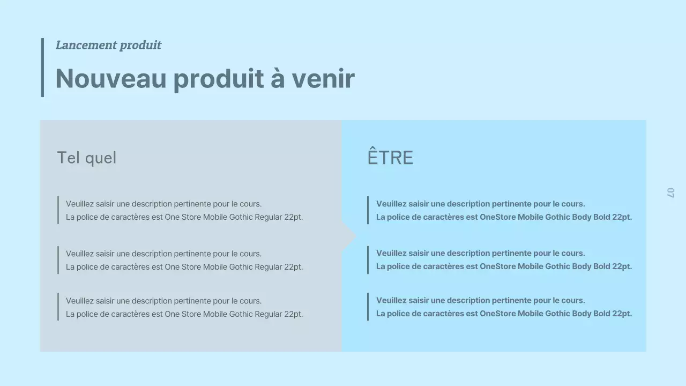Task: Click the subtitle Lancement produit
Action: (108, 45)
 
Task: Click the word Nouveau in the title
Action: (111, 78)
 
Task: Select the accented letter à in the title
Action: (278, 78)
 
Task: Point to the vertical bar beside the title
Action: (42, 68)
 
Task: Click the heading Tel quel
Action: (86, 158)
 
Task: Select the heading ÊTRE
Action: (390, 158)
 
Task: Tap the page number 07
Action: (670, 192)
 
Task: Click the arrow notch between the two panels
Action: (349, 236)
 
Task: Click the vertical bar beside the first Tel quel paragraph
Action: (58, 210)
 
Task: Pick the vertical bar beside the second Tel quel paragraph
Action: (58, 260)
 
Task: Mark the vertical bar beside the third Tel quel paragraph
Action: (58, 307)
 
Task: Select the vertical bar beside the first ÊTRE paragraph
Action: (368, 210)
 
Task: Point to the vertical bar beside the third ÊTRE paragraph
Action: (368, 307)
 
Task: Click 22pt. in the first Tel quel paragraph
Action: (293, 217)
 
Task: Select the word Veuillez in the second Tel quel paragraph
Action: (80, 254)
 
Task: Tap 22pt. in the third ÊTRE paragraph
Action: (622, 314)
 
